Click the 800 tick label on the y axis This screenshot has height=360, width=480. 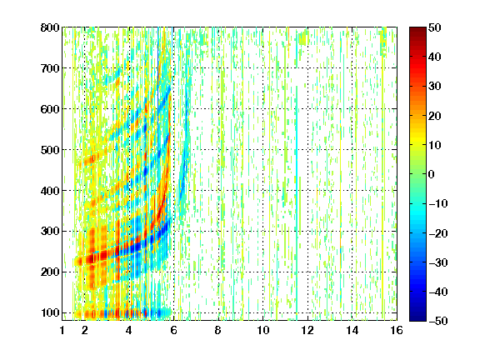[x=50, y=27]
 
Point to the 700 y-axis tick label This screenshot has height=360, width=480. [x=50, y=68]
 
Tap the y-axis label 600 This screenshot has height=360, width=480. [x=50, y=109]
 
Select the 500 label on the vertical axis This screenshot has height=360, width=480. [x=50, y=150]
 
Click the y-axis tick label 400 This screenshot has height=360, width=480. [x=50, y=191]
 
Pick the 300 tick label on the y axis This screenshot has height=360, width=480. [x=50, y=231]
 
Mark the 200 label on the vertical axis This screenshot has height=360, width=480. [x=50, y=272]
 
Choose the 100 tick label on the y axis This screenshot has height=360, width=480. [x=50, y=312]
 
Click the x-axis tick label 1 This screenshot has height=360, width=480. [x=62, y=330]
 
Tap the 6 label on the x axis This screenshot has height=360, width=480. [x=174, y=330]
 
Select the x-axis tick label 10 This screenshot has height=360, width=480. [x=263, y=330]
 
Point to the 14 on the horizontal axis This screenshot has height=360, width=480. [x=352, y=330]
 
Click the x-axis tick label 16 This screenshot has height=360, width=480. [x=397, y=330]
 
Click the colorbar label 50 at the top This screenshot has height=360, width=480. [x=435, y=27]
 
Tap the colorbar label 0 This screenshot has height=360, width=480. [x=432, y=174]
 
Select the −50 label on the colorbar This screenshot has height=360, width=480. [x=438, y=321]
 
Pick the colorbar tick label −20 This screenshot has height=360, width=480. [x=438, y=233]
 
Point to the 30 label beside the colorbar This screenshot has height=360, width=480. [x=435, y=87]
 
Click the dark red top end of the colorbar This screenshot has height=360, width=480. [x=417, y=29]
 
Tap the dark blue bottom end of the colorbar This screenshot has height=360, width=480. [x=417, y=318]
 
